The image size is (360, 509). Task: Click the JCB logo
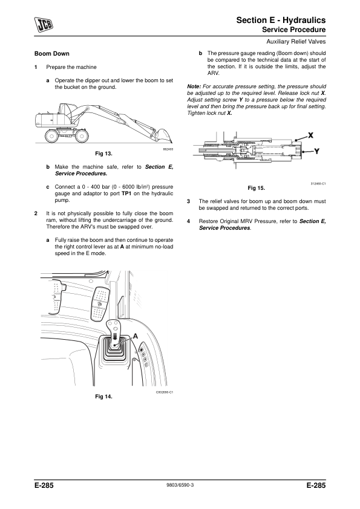point(44,25)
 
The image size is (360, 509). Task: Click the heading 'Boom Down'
point(52,54)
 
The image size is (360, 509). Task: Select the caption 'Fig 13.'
point(103,154)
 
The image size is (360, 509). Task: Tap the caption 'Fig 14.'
point(103,397)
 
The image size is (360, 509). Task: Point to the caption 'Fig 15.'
point(257,188)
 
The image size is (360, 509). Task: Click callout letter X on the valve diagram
point(310,135)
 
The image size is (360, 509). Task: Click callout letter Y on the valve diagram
point(317,151)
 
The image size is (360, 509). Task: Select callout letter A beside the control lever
point(136,336)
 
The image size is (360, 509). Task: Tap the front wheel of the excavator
point(82,135)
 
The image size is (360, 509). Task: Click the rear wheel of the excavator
point(51,135)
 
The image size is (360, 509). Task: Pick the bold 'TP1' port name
point(126,193)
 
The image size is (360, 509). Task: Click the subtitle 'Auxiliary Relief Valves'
point(296,42)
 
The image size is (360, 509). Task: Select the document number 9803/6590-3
point(180,485)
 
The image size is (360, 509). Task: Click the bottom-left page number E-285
point(44,485)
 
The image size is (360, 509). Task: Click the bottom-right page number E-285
point(316,485)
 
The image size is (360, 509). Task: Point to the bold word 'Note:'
point(194,86)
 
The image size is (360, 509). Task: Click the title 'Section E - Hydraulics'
point(281,20)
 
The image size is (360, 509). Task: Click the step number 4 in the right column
point(188,221)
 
